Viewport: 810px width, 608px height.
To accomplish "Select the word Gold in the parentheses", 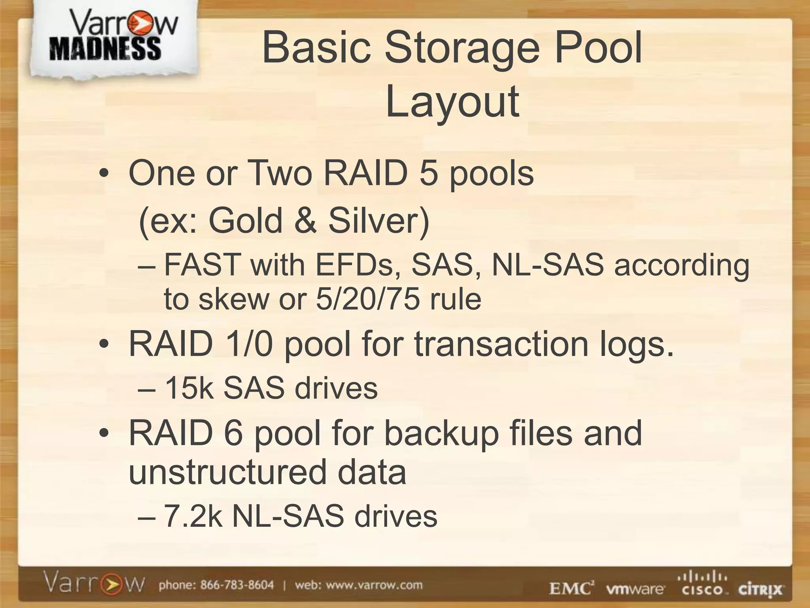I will (x=245, y=220).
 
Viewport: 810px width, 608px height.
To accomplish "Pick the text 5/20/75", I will (x=367, y=299).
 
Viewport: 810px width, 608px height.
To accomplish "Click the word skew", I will (x=234, y=299).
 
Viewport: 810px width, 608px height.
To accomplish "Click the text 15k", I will (x=189, y=388).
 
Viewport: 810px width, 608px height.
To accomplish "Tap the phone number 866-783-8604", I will (x=237, y=585).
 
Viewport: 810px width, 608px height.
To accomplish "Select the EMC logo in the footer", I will (x=572, y=589).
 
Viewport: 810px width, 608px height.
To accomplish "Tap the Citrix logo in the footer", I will (x=760, y=590).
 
